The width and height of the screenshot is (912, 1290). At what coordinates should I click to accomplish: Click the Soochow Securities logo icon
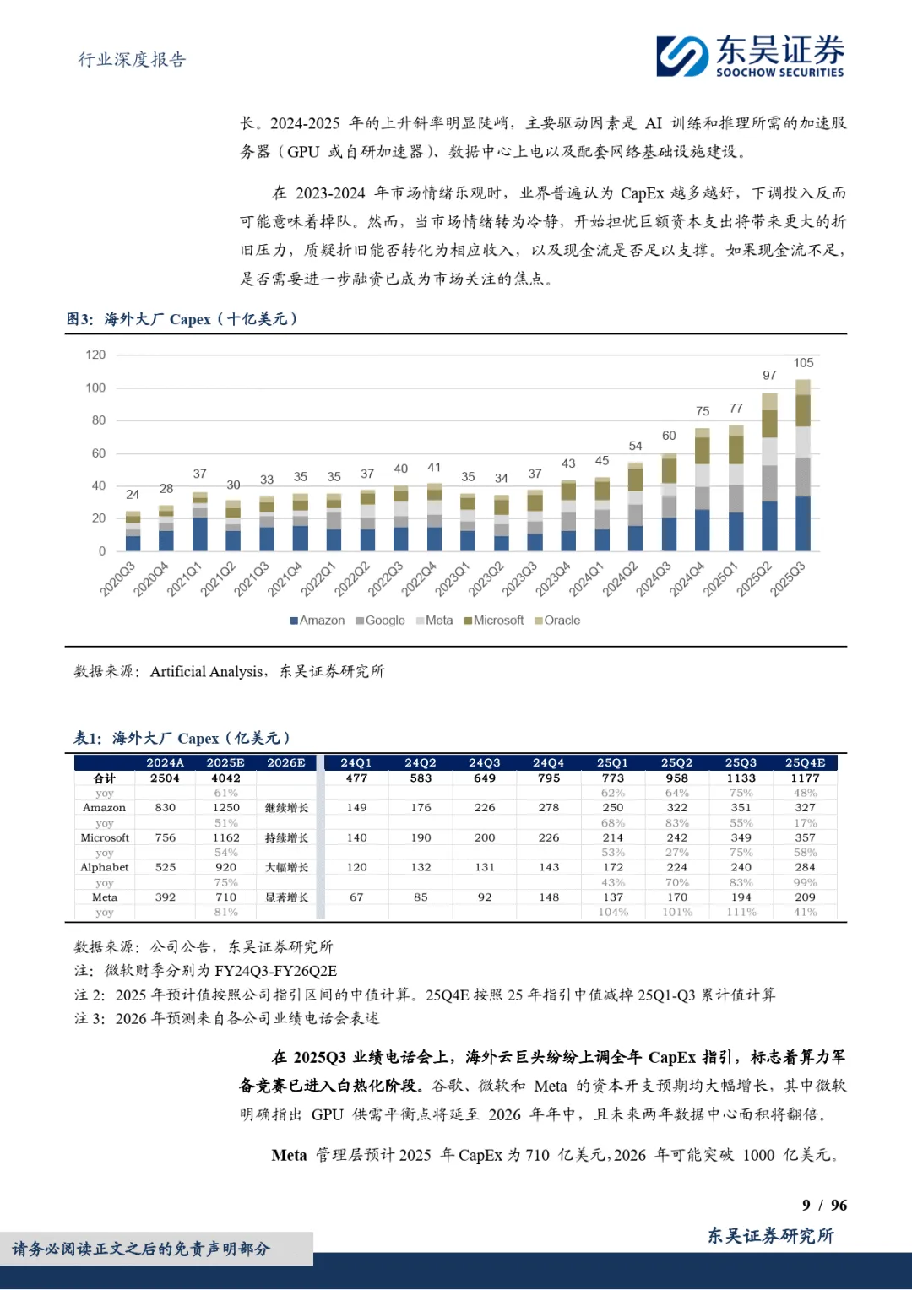pos(682,56)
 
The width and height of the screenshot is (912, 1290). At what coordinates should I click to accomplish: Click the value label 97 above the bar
pos(769,376)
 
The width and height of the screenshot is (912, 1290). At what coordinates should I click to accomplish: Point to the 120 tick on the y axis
pos(95,355)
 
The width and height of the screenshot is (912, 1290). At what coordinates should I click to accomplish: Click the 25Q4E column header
pos(805,763)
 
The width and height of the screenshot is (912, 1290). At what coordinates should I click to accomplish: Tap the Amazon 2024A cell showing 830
pos(166,808)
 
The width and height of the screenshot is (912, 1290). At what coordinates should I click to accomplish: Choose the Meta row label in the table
pos(105,897)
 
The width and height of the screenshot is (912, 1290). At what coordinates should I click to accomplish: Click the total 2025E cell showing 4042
pos(225,778)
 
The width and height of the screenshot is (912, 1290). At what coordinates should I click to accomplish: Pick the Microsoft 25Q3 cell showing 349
pos(741,838)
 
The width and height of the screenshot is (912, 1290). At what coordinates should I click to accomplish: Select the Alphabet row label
pos(105,868)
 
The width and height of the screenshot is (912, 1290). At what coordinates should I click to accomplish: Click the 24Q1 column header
pos(356,763)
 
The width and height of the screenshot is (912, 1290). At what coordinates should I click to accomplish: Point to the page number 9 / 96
pos(824,1206)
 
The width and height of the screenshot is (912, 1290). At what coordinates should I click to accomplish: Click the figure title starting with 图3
pos(182,319)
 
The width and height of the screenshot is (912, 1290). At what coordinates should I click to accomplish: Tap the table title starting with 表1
pos(182,739)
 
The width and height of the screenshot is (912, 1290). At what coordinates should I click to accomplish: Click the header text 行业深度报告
pos(132,60)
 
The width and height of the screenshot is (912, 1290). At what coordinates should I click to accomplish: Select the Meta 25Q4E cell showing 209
pos(805,897)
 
